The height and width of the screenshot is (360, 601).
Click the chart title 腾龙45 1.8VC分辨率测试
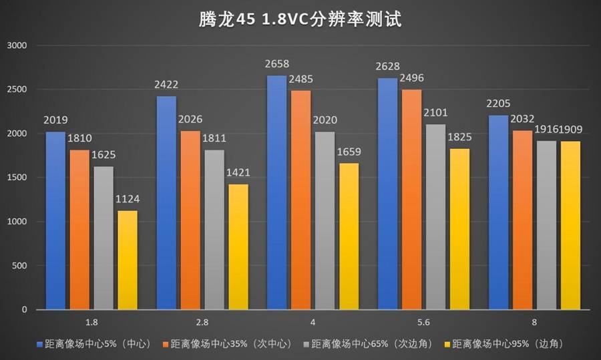[300, 18]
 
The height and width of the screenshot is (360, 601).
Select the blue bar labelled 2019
[55, 220]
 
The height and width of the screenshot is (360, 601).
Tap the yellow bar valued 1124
[127, 260]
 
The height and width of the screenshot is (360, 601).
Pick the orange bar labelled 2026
[190, 220]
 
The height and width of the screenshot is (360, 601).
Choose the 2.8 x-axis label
[202, 321]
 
